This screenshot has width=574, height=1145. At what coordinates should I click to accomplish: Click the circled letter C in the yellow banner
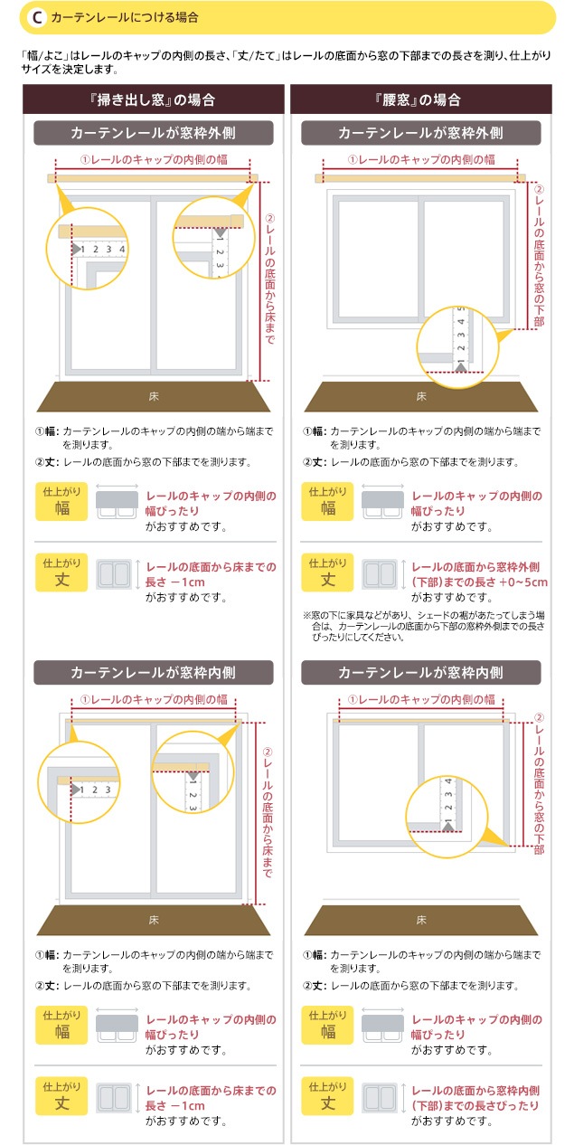(37, 18)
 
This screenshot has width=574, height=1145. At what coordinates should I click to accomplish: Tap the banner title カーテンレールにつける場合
(125, 18)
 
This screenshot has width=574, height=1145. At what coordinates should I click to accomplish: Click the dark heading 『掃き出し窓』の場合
(153, 99)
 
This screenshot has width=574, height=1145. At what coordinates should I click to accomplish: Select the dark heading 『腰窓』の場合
(421, 99)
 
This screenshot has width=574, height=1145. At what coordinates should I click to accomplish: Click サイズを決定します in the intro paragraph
(70, 70)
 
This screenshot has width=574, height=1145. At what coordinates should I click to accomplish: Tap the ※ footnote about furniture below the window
(423, 626)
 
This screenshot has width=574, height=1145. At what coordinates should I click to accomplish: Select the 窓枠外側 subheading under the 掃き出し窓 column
(153, 133)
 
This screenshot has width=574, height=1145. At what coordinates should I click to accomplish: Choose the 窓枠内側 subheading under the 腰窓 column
(421, 672)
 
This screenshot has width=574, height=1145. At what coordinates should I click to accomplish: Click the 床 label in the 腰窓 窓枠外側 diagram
(421, 396)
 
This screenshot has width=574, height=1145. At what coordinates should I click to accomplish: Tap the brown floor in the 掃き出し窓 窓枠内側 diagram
(153, 920)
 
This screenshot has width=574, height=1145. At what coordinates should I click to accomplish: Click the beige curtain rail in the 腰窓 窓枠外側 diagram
(419, 178)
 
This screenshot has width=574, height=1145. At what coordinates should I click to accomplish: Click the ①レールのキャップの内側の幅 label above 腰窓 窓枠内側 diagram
(421, 699)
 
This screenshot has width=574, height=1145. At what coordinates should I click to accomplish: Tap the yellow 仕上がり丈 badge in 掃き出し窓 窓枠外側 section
(61, 572)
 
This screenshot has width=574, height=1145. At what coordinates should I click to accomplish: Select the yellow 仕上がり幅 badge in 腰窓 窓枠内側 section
(327, 1025)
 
